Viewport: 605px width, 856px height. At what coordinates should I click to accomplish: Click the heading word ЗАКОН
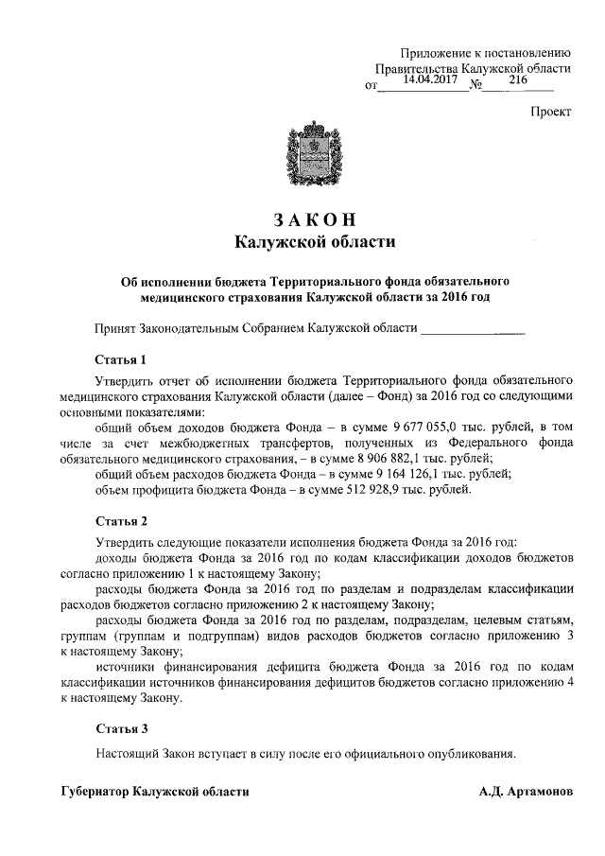click(313, 220)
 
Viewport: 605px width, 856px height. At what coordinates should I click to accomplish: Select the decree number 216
click(517, 81)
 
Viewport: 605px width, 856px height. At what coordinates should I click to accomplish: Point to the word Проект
click(549, 111)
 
